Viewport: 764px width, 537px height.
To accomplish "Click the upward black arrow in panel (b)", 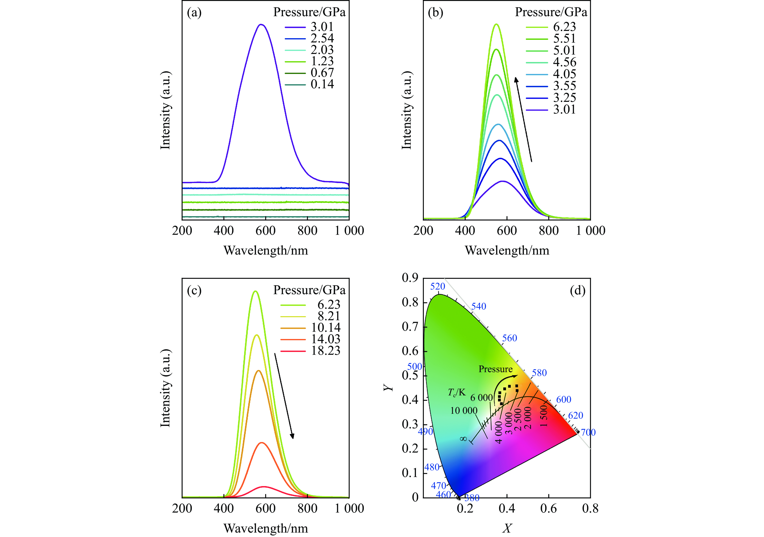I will (523, 119).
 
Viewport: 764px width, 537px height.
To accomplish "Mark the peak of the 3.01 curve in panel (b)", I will (502, 181).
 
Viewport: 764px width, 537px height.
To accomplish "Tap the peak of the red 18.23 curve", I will (264, 486).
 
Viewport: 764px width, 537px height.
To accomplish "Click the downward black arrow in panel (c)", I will (284, 396).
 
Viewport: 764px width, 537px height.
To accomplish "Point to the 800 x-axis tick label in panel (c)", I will (307, 508).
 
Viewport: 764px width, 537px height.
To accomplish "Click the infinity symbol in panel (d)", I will (463, 439).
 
